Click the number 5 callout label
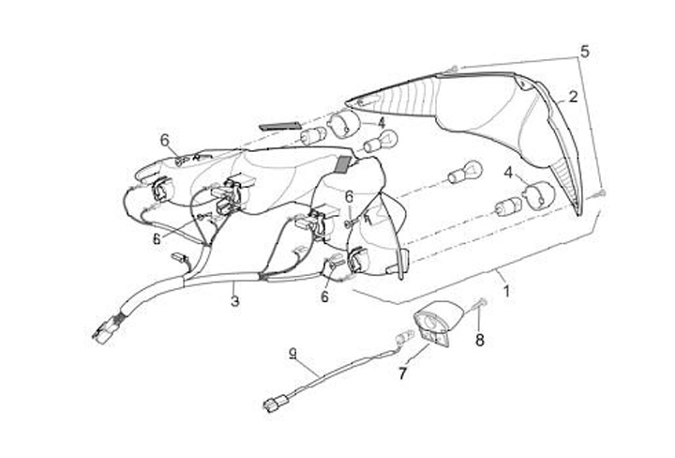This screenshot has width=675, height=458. tap(585, 52)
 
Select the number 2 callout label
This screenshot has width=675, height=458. tap(572, 96)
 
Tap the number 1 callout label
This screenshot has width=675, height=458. tap(506, 291)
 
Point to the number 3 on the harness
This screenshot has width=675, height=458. tap(235, 301)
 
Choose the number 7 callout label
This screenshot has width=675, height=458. tap(402, 374)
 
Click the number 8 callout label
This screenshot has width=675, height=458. tap(479, 341)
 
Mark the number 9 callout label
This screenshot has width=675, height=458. tap(293, 354)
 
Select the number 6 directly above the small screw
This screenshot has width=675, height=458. tap(348, 196)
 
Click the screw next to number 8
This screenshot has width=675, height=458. tap(481, 304)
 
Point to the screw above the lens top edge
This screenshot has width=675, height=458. tap(454, 68)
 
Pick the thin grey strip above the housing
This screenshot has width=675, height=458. tap(278, 123)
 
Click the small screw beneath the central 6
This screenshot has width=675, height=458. tap(348, 225)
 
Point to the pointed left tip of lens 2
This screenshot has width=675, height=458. tap(349, 100)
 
